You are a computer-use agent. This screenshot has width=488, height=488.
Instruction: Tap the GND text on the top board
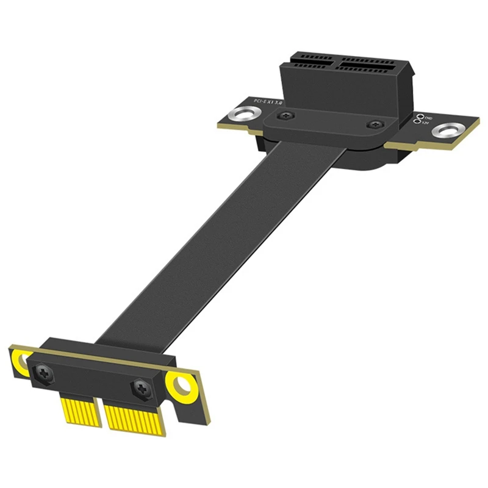(429, 118)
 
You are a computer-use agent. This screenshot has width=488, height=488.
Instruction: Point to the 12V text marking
(426, 124)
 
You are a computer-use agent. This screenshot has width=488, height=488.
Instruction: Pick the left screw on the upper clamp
(284, 116)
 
